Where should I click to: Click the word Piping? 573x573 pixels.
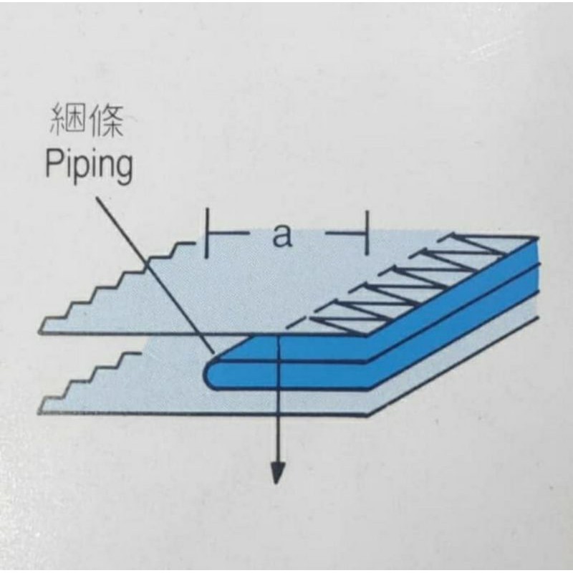pyautogui.click(x=89, y=165)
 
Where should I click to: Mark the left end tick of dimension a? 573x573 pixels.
pyautogui.click(x=206, y=233)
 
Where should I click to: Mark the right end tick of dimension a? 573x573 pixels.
pyautogui.click(x=367, y=233)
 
